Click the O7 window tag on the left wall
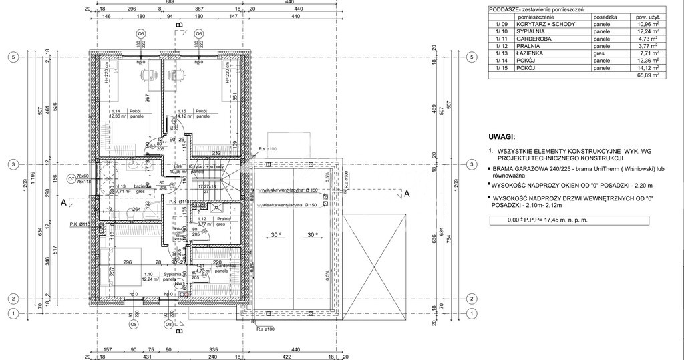[x=71, y=178]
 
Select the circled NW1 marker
[x=179, y=284]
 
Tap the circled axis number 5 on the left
[x=13, y=57]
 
